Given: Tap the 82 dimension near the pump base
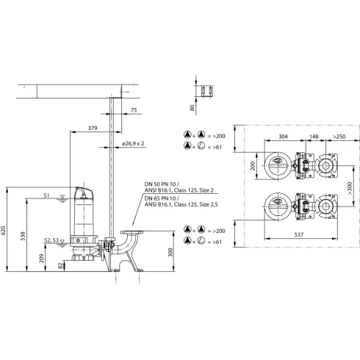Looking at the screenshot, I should (x=61, y=266).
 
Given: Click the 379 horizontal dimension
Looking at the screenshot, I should (x=91, y=128).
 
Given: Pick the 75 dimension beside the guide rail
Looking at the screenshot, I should (x=133, y=110).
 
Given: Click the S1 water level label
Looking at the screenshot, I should (x=46, y=196).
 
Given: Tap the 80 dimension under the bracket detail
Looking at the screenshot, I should (x=193, y=109).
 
